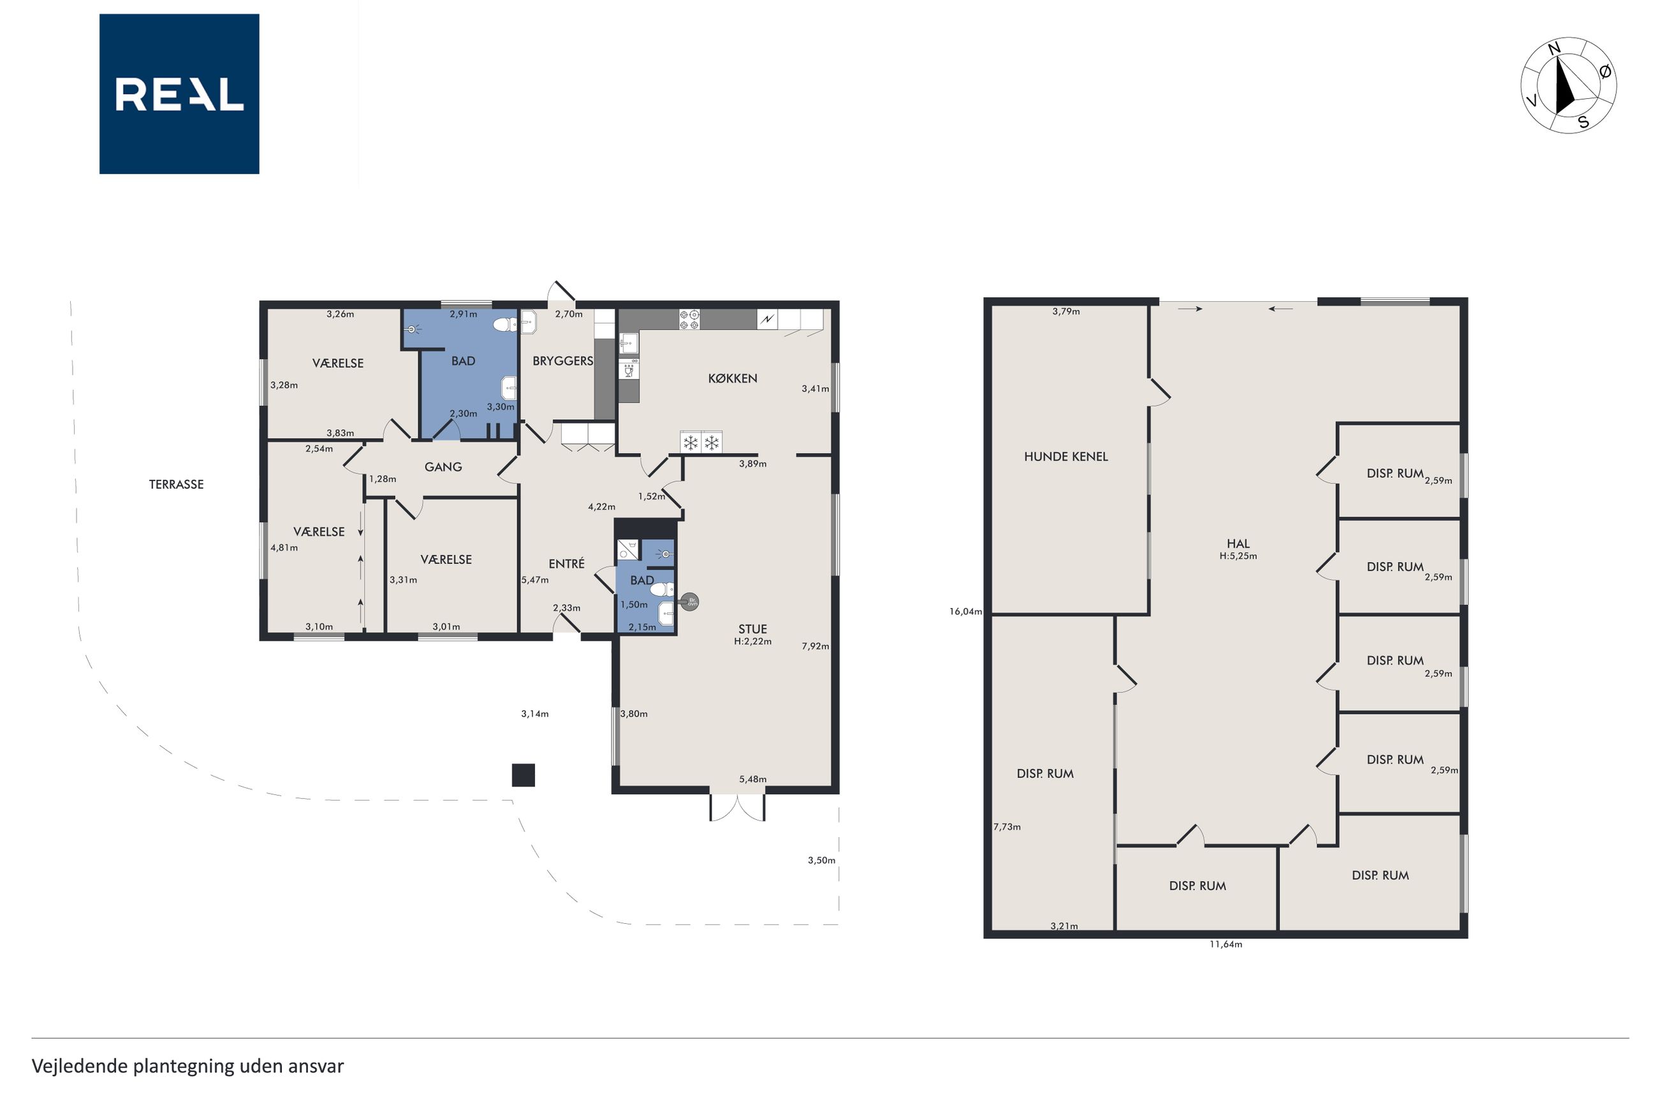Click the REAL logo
pos(179,94)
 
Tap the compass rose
pos(1568,85)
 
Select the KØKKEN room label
pos(733,378)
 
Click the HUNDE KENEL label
pos(1066,457)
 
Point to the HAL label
pos(1238,544)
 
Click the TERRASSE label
pos(176,484)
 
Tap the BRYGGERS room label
pos(562,361)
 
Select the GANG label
pos(443,466)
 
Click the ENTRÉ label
pos(566,563)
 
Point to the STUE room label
pos(752,628)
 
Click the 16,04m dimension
pos(965,612)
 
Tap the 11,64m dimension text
pos(1226,944)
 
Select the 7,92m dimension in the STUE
pos(815,646)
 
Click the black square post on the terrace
pos(524,775)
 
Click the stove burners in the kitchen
pos(689,319)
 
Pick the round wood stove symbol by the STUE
pos(690,602)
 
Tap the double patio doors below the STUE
pos(737,807)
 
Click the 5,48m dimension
pos(752,780)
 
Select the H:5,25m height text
pos(1238,556)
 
